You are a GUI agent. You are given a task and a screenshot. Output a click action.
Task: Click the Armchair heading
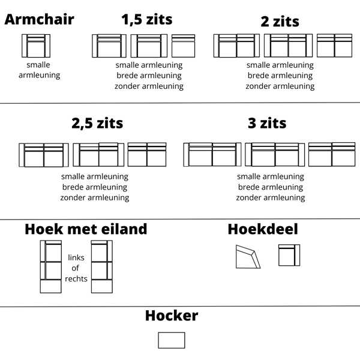(39, 19)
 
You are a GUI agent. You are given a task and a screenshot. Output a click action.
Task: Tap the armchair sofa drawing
(36, 46)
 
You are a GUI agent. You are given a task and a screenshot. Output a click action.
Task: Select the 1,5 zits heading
(146, 20)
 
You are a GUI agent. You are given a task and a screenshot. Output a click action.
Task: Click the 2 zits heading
(280, 22)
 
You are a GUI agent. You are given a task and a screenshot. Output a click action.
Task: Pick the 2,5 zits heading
(97, 124)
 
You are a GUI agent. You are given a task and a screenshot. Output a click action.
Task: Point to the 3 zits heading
(267, 124)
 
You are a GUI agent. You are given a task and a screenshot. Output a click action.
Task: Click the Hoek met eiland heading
(86, 229)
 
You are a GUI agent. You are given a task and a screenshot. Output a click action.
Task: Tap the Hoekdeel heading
(263, 229)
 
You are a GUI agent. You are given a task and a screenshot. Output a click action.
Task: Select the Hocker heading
(172, 316)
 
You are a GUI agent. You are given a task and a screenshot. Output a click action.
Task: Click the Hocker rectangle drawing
(172, 340)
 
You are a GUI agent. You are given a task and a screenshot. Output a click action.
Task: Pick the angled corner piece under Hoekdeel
(248, 257)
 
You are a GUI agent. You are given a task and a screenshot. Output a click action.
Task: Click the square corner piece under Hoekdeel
(289, 256)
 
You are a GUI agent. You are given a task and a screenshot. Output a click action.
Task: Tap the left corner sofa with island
(51, 266)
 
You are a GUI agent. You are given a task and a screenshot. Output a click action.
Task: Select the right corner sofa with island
(101, 266)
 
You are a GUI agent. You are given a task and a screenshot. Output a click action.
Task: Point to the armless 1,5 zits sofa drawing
(183, 46)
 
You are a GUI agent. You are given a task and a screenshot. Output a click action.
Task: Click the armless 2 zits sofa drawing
(334, 46)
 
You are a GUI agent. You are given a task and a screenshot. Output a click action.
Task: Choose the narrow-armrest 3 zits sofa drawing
(212, 154)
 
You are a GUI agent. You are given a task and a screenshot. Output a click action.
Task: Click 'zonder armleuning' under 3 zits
(271, 197)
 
